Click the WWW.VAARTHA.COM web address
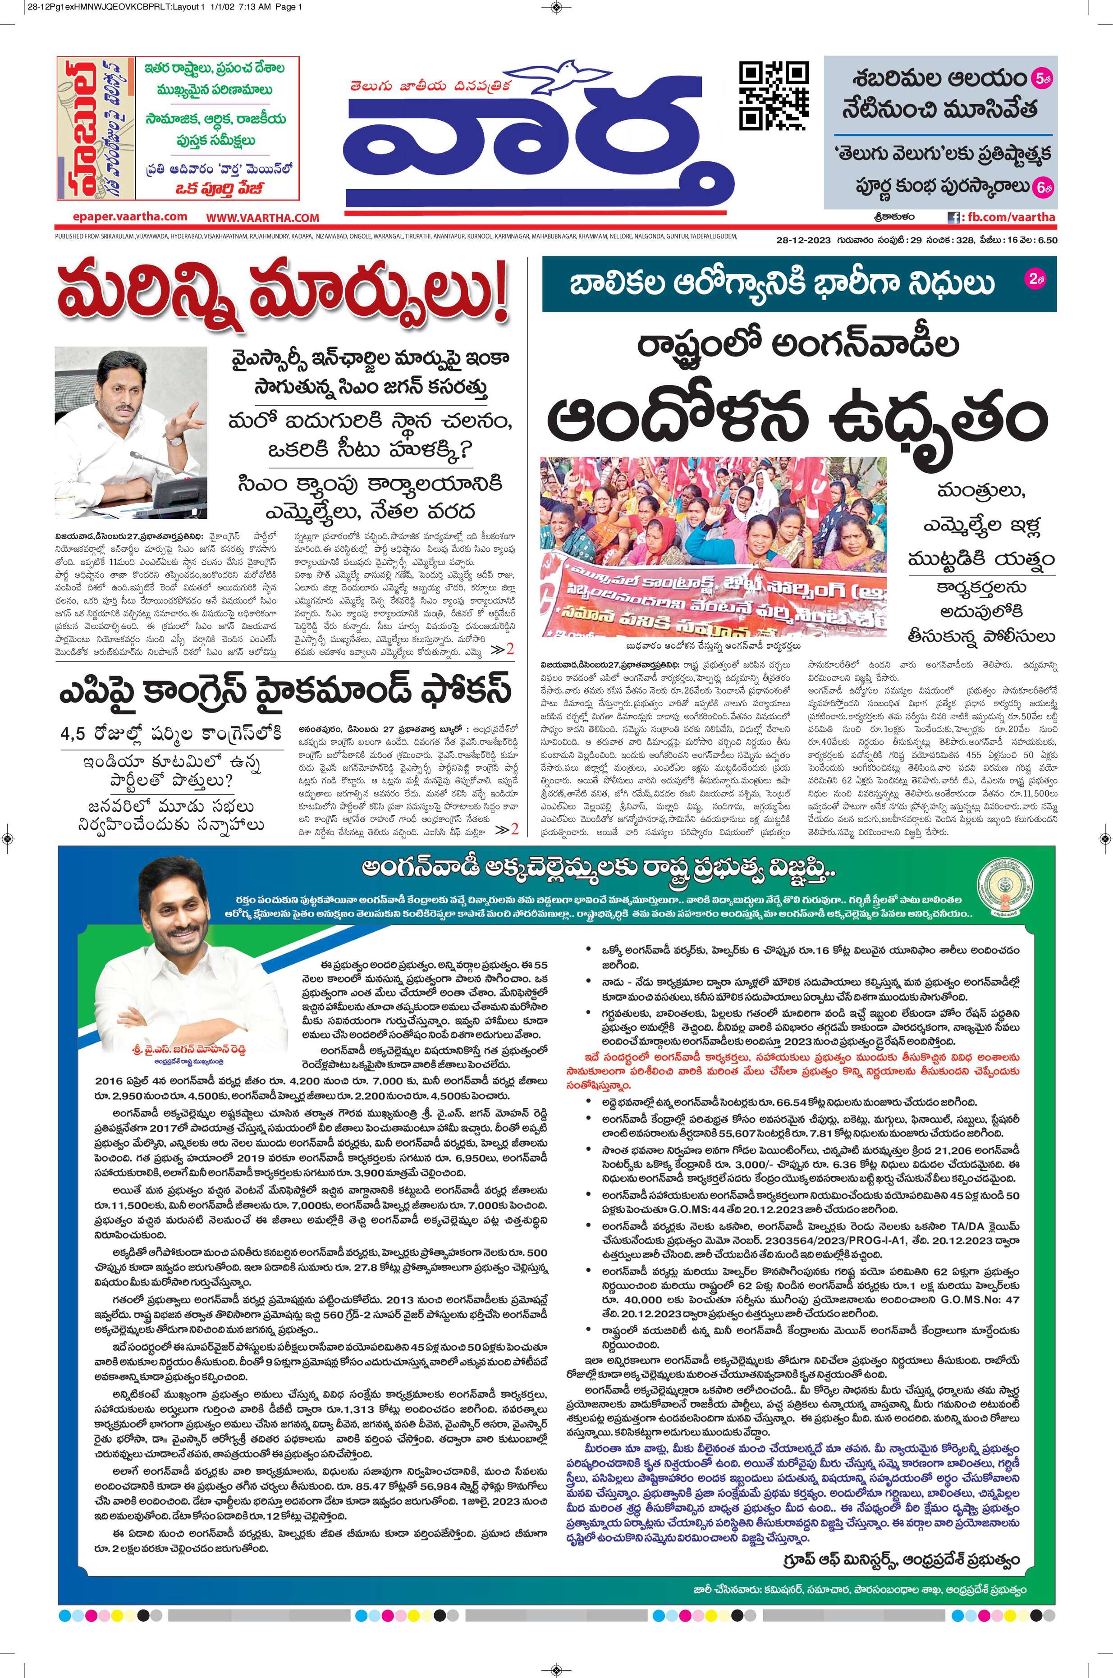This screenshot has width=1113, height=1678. point(263,218)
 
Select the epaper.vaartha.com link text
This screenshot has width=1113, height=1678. point(130,216)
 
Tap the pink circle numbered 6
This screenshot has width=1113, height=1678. point(1043,187)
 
